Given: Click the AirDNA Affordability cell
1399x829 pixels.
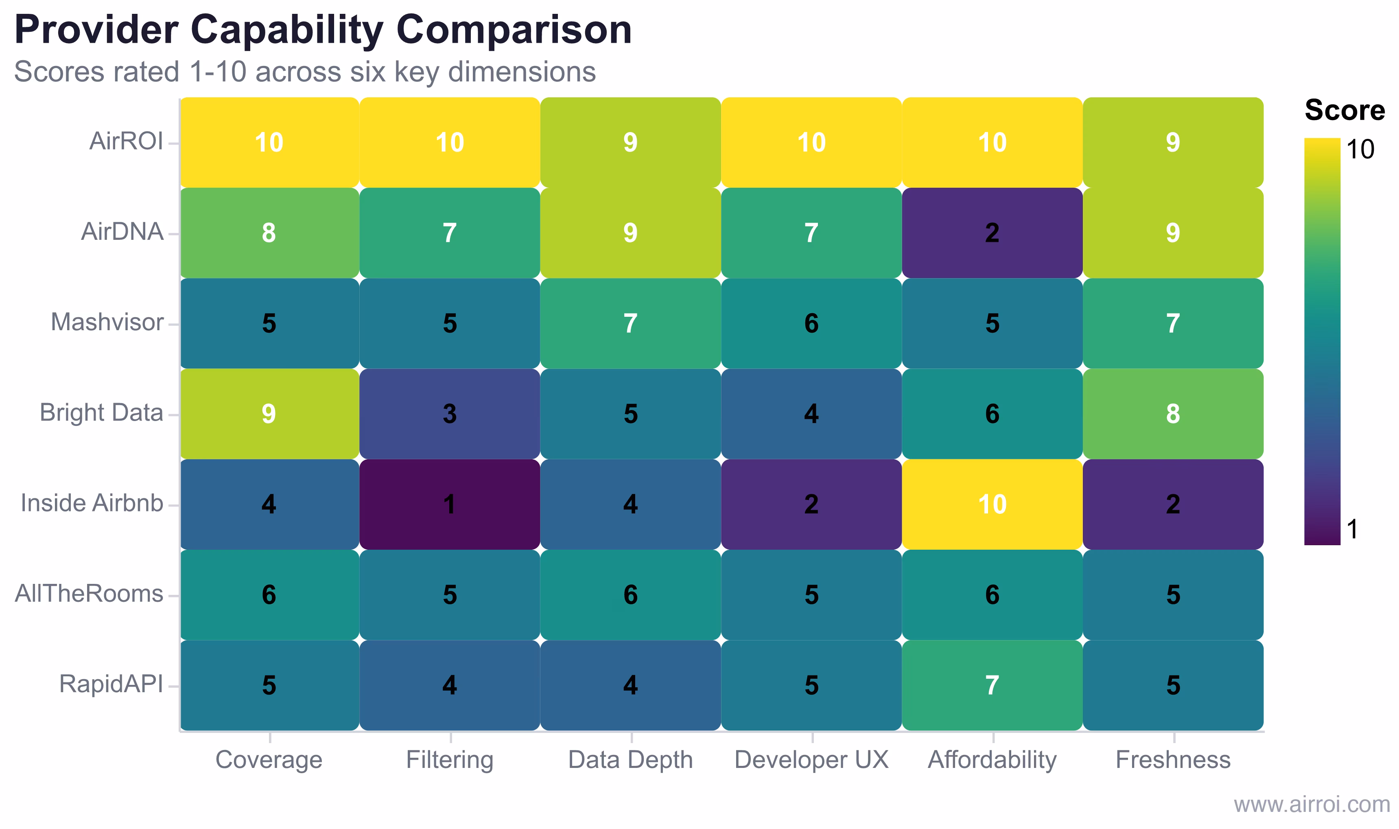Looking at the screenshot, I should click(x=992, y=233).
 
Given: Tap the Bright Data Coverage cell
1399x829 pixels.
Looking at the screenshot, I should click(x=269, y=414).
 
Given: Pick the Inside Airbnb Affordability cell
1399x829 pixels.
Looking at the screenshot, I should click(x=992, y=504).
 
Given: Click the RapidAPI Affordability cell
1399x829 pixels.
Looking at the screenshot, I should click(x=992, y=685).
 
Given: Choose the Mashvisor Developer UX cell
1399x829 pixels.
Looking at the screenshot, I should click(x=811, y=323).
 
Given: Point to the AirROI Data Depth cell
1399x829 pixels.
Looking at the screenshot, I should click(x=630, y=143).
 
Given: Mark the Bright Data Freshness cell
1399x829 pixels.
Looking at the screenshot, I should click(x=1173, y=414).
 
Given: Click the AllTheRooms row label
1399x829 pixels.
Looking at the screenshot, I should click(x=90, y=594).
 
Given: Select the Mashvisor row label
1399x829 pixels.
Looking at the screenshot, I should click(x=107, y=322).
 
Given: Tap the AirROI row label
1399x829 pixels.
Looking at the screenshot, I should click(x=126, y=141).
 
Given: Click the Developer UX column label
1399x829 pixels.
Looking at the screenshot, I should click(x=811, y=760).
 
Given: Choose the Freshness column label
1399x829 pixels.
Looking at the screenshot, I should click(x=1173, y=760).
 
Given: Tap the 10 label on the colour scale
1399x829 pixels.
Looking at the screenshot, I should click(x=1360, y=150).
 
